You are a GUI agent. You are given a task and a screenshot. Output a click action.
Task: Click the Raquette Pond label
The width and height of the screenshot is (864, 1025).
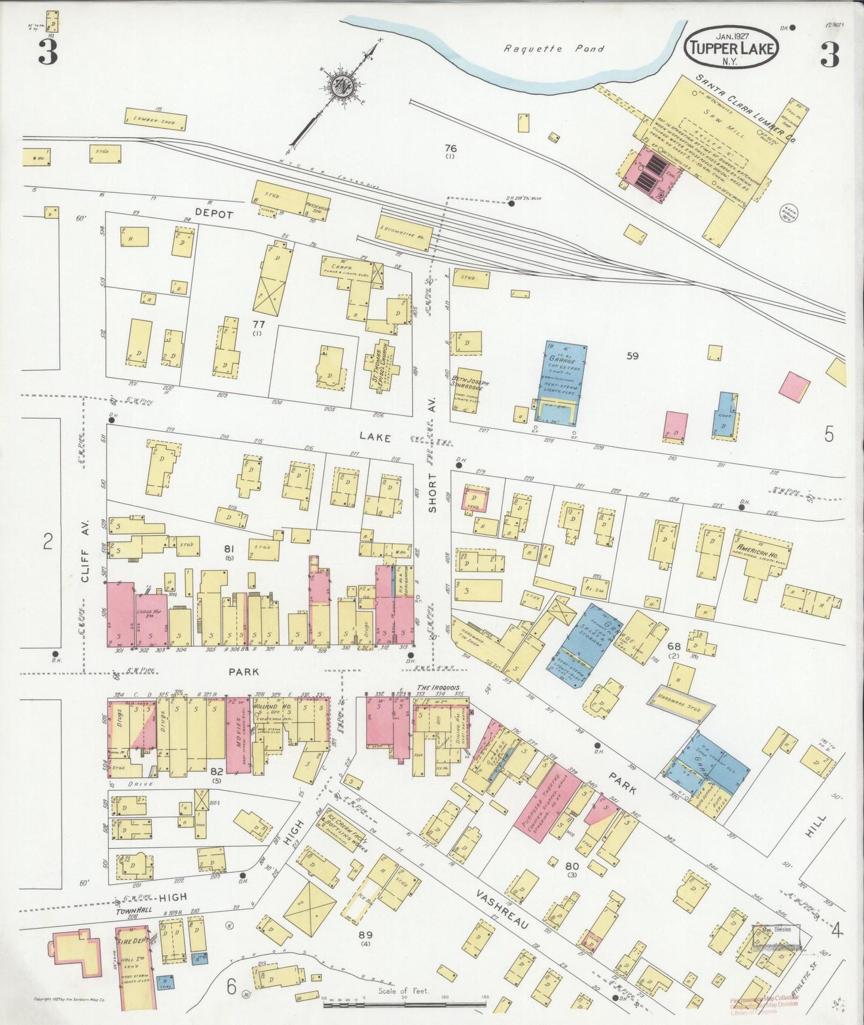point(553,49)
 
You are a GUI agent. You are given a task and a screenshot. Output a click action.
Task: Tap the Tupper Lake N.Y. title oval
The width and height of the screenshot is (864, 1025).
point(732,48)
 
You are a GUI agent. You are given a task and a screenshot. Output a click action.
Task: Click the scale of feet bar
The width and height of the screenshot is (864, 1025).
point(404,1005)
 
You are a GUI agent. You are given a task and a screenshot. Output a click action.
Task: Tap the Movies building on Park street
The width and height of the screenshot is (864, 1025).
point(237,735)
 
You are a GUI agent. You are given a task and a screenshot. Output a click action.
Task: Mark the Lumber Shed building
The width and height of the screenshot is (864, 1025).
point(155,119)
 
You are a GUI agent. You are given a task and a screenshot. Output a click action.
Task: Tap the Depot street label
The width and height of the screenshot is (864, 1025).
point(213,214)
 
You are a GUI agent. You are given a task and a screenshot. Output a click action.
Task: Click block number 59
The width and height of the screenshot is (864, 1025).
point(632,356)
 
